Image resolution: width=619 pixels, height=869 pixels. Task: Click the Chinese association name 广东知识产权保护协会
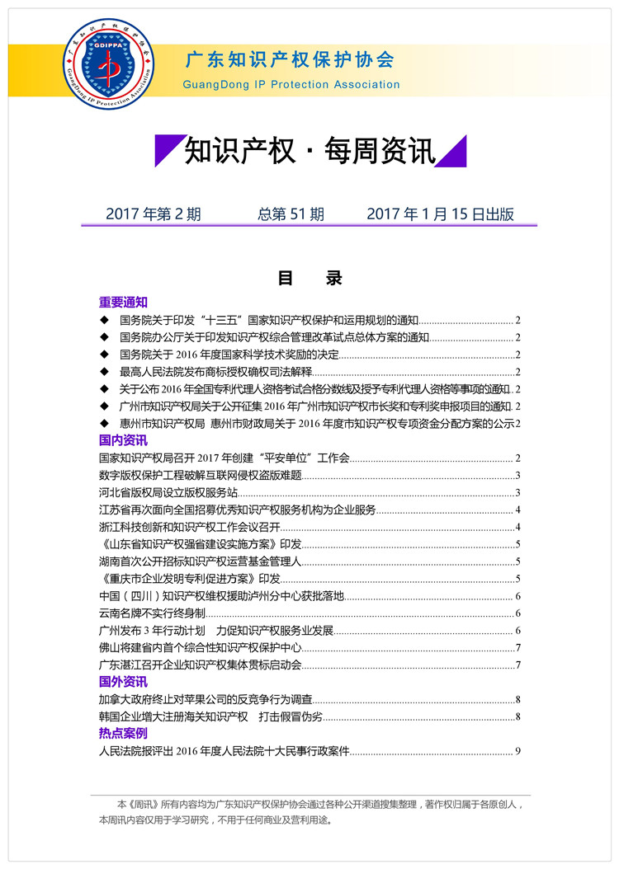click(x=289, y=60)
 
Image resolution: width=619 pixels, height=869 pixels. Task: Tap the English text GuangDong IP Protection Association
click(x=291, y=84)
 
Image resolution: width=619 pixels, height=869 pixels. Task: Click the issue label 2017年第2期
click(x=154, y=214)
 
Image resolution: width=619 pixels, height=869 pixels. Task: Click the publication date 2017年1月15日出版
click(x=440, y=214)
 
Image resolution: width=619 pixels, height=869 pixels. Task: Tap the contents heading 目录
click(x=309, y=278)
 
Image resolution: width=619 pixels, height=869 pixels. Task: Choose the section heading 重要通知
click(x=123, y=302)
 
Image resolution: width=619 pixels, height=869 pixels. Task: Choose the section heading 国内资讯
click(x=123, y=441)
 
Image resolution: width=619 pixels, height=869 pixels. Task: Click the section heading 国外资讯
click(x=123, y=682)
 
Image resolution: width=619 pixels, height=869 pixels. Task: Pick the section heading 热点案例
click(x=123, y=732)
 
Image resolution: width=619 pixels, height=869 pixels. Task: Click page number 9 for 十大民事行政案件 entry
click(x=517, y=750)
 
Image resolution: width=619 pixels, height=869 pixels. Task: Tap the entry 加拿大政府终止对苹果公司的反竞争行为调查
click(x=206, y=699)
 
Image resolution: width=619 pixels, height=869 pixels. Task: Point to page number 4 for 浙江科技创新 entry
click(x=517, y=527)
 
